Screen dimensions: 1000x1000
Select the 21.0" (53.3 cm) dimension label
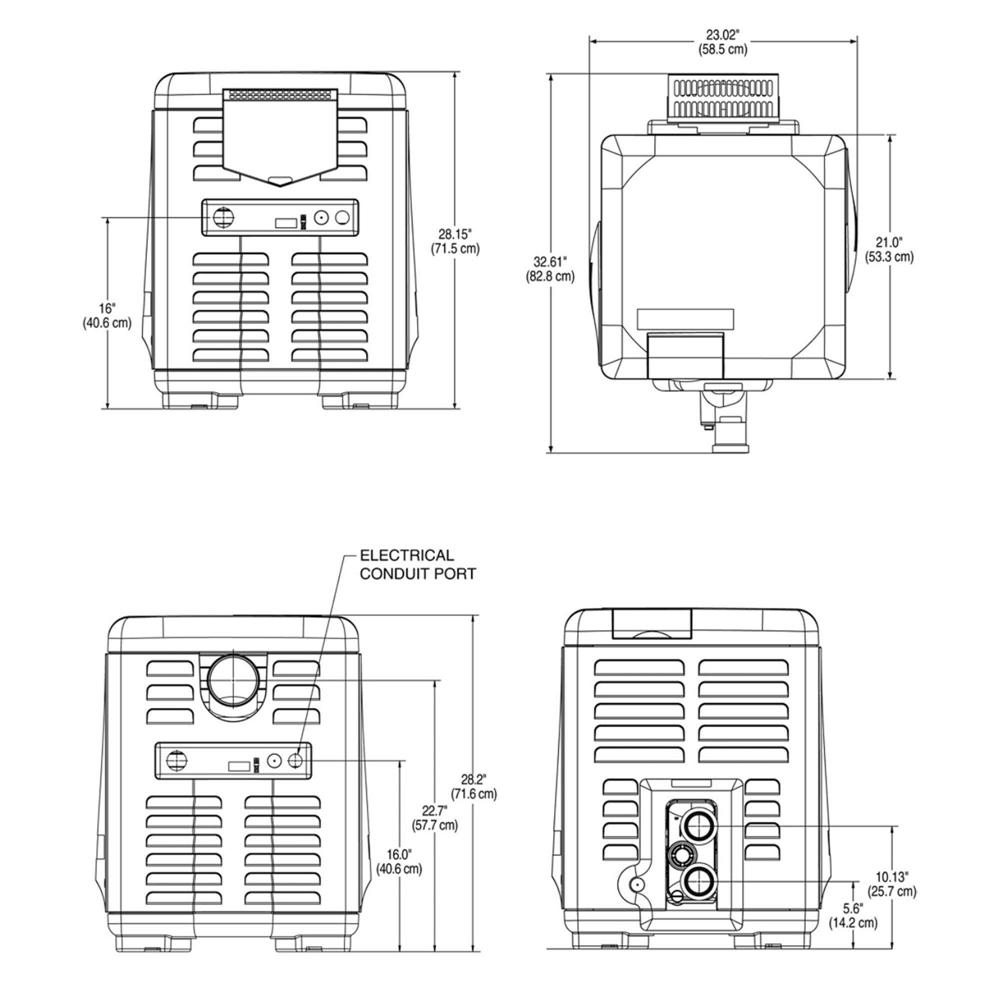tap(888, 249)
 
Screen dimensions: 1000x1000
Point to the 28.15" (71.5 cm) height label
tap(455, 241)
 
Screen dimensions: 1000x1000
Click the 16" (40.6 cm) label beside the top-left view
tap(106, 315)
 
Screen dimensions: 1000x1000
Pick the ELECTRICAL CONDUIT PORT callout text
tap(417, 564)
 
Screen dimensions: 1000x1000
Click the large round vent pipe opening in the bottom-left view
tap(233, 679)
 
